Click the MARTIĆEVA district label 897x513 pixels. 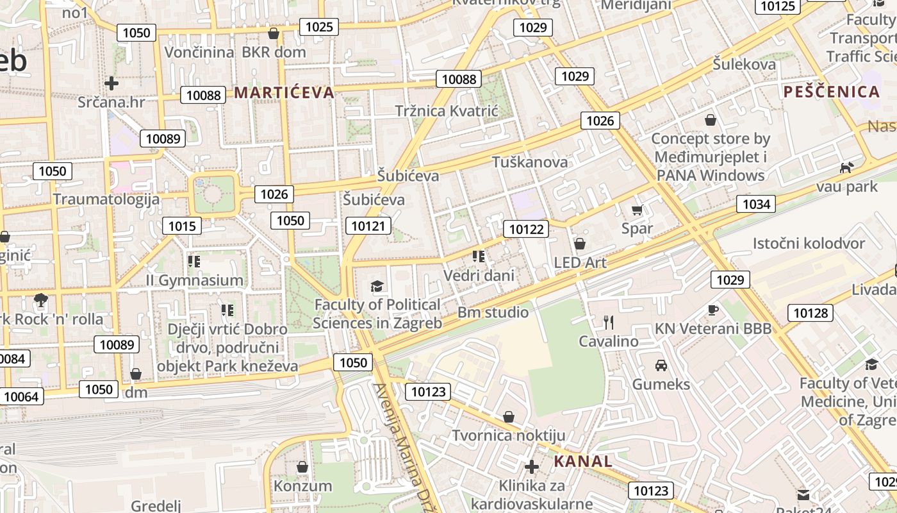point(284,92)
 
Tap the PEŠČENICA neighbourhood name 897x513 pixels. point(832,92)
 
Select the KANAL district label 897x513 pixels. point(583,461)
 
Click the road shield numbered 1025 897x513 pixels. point(319,26)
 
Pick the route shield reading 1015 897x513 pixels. point(182,226)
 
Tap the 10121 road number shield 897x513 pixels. point(368,226)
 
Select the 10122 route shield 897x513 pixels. point(526,229)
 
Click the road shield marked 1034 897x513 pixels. point(756,205)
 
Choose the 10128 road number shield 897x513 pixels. point(810,313)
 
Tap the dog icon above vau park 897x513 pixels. point(846,167)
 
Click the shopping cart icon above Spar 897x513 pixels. point(637,210)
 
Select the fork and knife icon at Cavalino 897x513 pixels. point(609,322)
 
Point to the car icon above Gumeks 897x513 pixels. point(661,366)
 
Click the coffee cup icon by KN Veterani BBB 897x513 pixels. point(713,310)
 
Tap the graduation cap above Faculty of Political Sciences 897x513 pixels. point(377,286)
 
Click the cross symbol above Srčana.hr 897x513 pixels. point(111,83)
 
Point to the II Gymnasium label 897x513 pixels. point(195,280)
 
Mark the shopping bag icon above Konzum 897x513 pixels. point(302,466)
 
